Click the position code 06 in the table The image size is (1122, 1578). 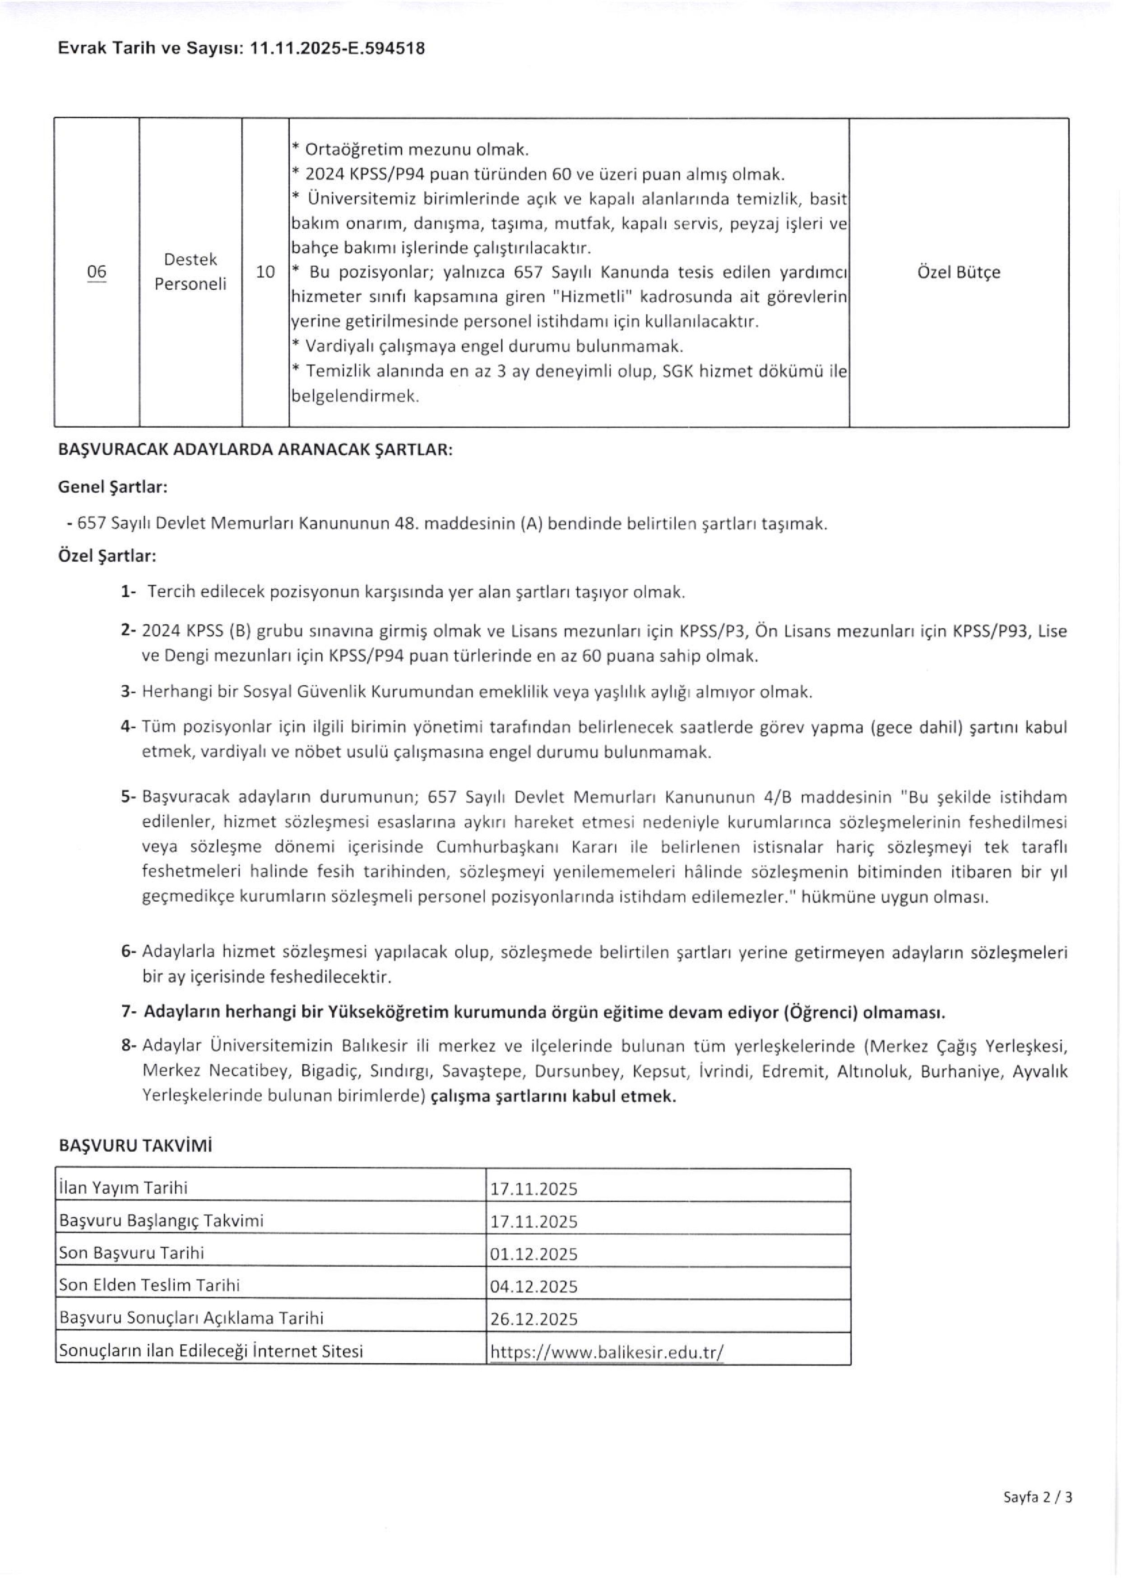(97, 272)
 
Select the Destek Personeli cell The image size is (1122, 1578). (190, 272)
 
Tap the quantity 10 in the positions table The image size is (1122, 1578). (265, 272)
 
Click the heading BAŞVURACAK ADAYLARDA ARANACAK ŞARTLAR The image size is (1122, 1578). (255, 450)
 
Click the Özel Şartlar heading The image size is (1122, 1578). (107, 555)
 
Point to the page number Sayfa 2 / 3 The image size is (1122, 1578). (1038, 1517)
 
